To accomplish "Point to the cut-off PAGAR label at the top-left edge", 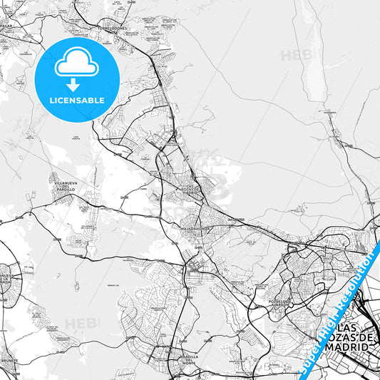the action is click(6, 26).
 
